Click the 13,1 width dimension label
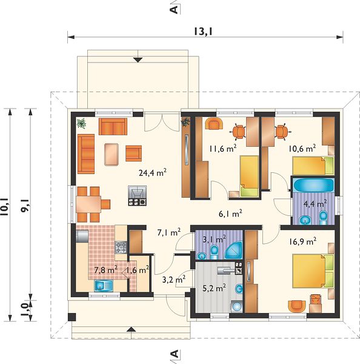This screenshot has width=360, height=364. pyautogui.click(x=203, y=32)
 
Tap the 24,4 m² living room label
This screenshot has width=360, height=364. pyautogui.click(x=152, y=172)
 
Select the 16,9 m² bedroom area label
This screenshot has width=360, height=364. pyautogui.click(x=302, y=241)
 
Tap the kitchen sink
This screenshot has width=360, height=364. pyautogui.click(x=104, y=286)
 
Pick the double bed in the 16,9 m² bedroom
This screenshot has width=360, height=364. pyautogui.click(x=313, y=271)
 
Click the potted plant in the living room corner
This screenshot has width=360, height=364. pyautogui.click(x=81, y=123)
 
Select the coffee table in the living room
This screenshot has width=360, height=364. pyautogui.click(x=112, y=154)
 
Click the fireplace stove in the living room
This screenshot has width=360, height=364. pyautogui.click(x=138, y=195)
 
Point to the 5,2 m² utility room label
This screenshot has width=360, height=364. pyautogui.click(x=215, y=288)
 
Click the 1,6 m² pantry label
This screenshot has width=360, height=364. pyautogui.click(x=138, y=270)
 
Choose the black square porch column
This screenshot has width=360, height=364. pyautogui.click(x=72, y=317)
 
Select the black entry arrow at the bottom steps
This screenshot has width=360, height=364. pyautogui.click(x=132, y=329)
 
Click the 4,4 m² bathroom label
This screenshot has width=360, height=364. pyautogui.click(x=315, y=204)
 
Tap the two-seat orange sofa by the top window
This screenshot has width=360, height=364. pyautogui.click(x=113, y=127)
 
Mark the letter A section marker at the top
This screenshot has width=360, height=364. pyautogui.click(x=174, y=9)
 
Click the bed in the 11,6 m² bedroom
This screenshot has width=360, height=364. pyautogui.click(x=249, y=176)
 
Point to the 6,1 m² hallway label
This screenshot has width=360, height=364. pyautogui.click(x=230, y=214)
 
